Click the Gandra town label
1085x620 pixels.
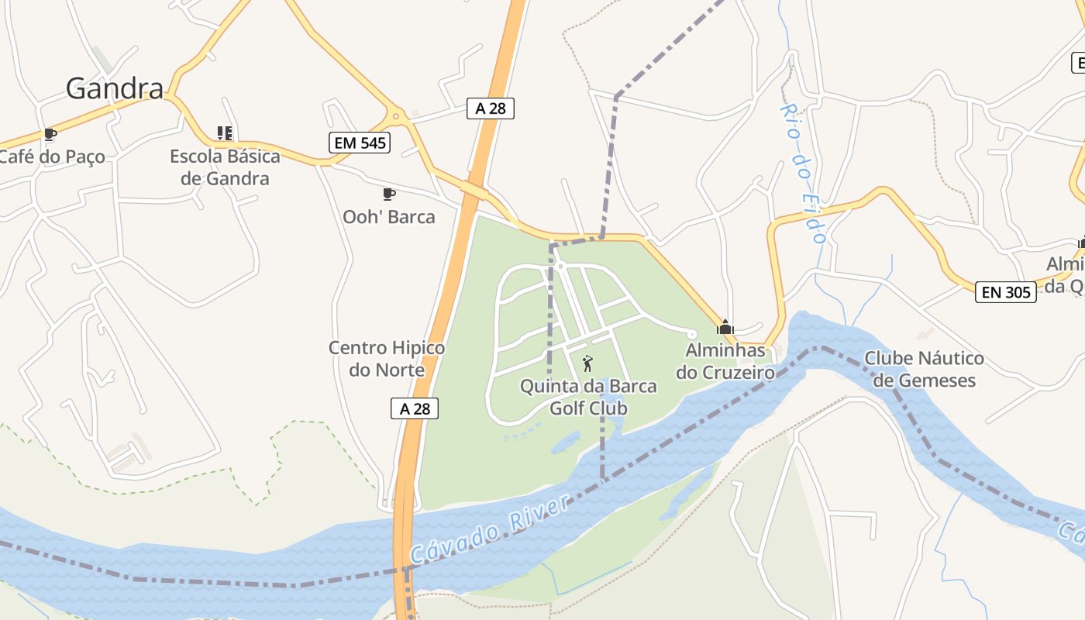pos(115,88)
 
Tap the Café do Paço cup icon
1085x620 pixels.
pos(50,135)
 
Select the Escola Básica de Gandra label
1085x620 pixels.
pos(225,167)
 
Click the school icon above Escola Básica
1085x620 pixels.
pos(225,133)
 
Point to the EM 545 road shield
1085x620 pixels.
pos(359,143)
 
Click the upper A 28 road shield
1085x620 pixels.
pos(491,108)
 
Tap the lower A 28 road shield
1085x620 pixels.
pos(415,408)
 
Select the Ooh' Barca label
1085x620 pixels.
pos(389,217)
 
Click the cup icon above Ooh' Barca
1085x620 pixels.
pos(389,194)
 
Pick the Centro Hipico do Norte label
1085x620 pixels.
pos(387,359)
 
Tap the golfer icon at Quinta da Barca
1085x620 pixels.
pos(587,363)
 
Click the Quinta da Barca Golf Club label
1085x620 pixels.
pos(588,397)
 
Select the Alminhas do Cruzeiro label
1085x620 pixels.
pos(725,361)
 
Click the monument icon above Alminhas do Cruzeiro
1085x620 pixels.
pos(725,327)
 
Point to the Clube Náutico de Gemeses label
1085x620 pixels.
pos(924,369)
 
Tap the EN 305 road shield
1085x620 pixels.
pos(1006,292)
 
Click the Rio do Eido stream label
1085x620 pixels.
pos(803,174)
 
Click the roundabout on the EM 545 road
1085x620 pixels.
pos(396,117)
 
